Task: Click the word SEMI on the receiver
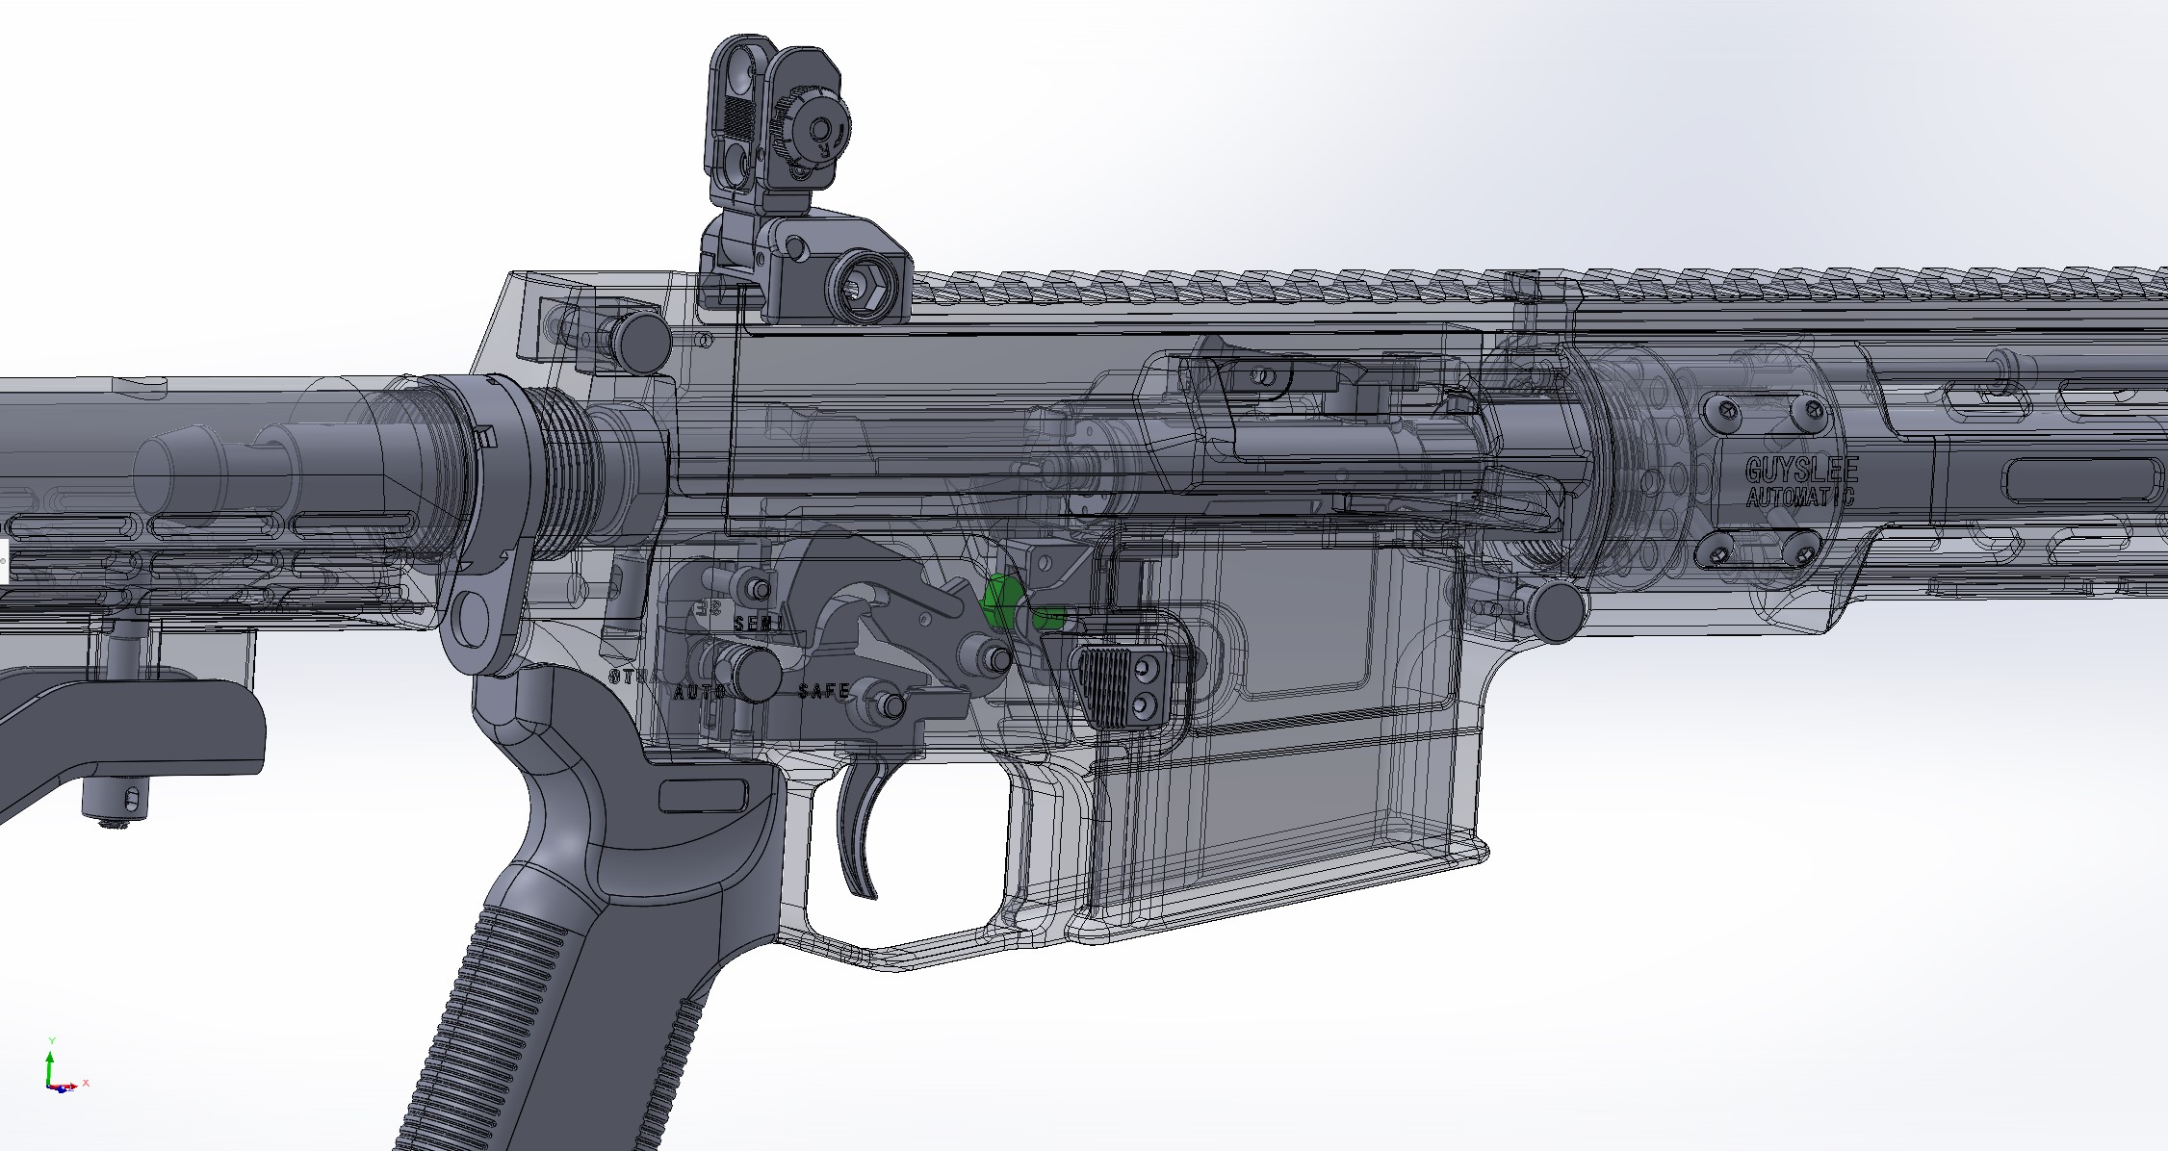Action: [x=759, y=624]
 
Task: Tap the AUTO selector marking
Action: [x=699, y=692]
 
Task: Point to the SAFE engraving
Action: [x=824, y=691]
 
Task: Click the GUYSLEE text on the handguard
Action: [x=1801, y=470]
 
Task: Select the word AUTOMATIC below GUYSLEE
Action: [x=1799, y=498]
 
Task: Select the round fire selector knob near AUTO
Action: [x=758, y=675]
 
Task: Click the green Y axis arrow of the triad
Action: [x=51, y=1060]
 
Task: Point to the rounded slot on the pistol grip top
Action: [x=703, y=795]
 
